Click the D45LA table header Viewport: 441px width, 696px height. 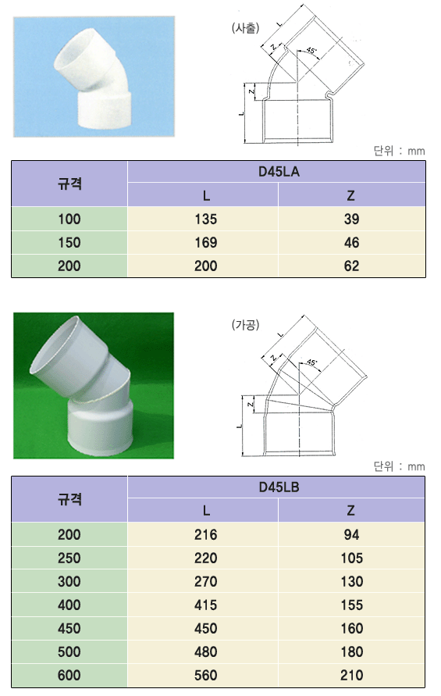279,172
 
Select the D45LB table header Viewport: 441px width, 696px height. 279,487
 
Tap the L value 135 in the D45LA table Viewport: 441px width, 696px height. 206,219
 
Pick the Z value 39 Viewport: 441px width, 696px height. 351,219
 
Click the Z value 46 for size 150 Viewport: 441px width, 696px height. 351,242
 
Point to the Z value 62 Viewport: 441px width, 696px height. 351,266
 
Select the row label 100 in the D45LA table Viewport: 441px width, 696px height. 69,219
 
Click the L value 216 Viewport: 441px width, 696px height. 206,534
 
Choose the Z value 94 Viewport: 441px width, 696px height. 351,534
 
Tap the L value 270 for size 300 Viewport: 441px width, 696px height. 206,581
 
